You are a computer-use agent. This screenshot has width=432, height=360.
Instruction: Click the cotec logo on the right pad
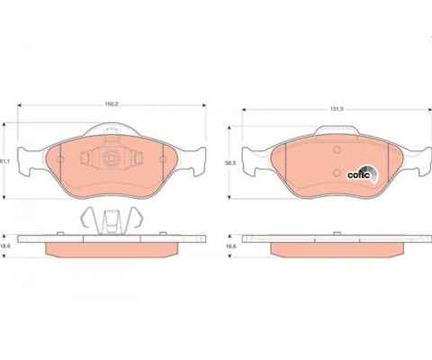pyautogui.click(x=362, y=173)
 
